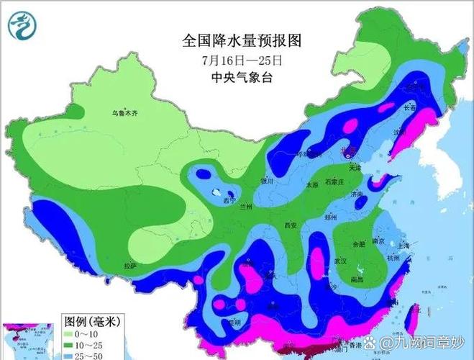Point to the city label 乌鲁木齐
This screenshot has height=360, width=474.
click(x=124, y=113)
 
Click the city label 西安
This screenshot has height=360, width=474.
click(x=291, y=225)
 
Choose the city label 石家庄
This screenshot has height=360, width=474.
click(x=338, y=183)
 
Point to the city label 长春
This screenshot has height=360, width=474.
click(x=410, y=107)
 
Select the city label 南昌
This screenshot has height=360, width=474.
click(x=355, y=279)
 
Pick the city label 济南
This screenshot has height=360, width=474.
click(x=357, y=194)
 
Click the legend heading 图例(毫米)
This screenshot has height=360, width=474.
click(x=91, y=320)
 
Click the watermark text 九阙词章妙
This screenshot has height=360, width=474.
click(x=432, y=340)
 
